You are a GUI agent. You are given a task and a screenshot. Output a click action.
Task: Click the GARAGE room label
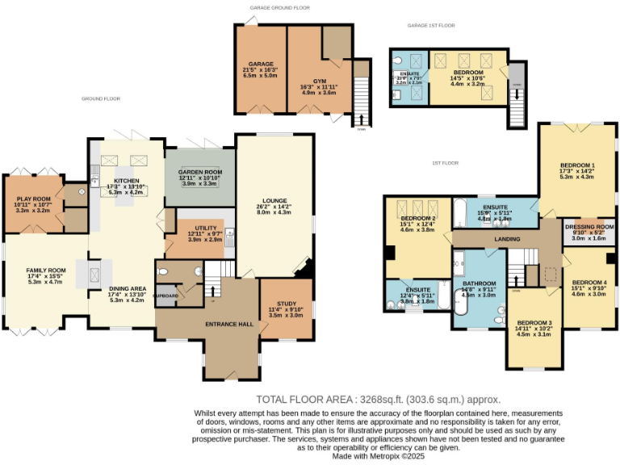tap(261, 64)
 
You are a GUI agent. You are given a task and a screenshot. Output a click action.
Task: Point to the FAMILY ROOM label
tap(45, 270)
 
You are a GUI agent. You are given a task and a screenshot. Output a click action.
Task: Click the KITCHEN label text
tap(126, 181)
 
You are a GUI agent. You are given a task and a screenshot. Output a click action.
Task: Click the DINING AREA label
tap(127, 288)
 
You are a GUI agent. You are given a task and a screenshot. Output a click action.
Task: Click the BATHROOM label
tap(479, 284)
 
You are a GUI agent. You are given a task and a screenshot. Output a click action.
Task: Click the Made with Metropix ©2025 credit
tap(378, 456)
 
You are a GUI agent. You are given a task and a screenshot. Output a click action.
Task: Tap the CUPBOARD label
tap(168, 295)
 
